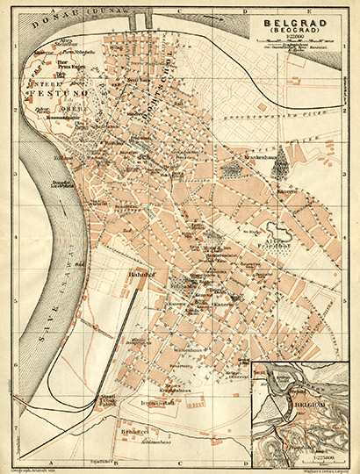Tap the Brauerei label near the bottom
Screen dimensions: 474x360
point(131,433)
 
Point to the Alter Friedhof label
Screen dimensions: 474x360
point(277,238)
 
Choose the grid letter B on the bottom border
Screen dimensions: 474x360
point(115,463)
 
